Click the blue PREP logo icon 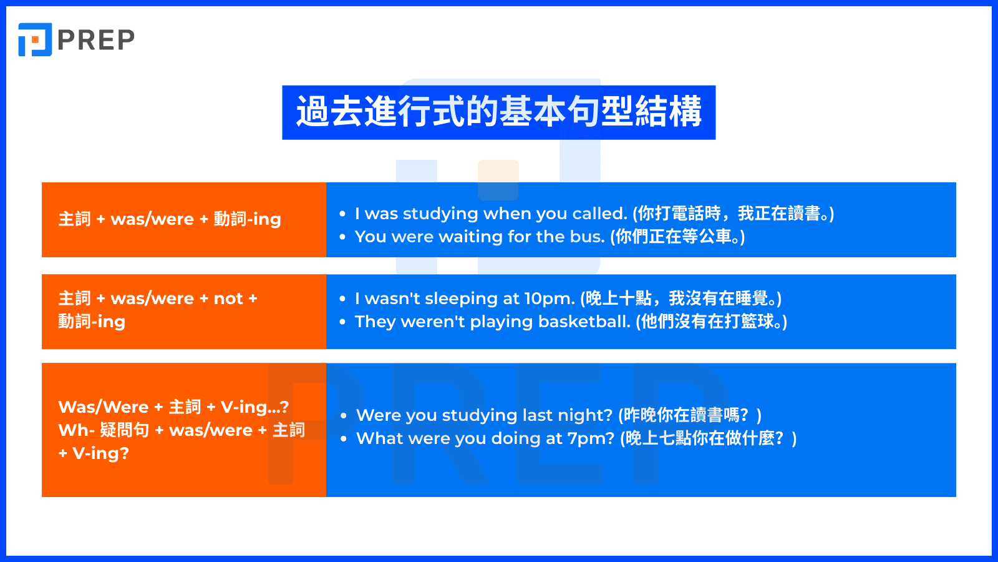(35, 40)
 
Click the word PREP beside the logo (96, 41)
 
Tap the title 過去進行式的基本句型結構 (498, 112)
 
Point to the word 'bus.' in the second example (588, 237)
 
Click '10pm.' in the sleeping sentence (550, 298)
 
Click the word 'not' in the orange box (228, 298)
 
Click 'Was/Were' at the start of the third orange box (104, 407)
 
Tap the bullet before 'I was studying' (342, 214)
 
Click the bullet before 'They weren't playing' (342, 322)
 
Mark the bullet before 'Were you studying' (344, 415)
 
